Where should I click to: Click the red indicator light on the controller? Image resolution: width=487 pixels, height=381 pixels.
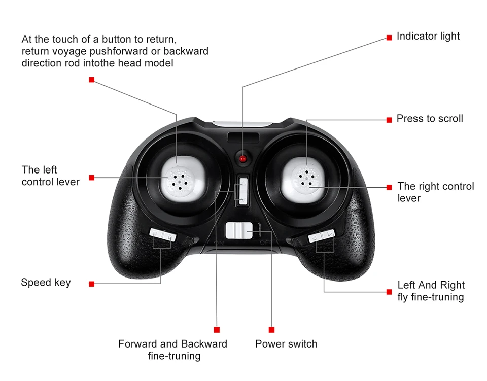243,159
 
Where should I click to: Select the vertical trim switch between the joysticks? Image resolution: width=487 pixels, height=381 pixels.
242,191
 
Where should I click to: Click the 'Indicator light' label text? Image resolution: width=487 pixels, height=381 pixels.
428,36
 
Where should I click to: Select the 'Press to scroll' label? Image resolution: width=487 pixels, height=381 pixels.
430,119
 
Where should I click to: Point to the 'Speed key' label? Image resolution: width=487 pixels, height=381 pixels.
46,283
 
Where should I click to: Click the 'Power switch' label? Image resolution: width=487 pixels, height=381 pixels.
286,344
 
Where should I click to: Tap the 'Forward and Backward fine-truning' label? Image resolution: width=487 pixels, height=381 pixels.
173,350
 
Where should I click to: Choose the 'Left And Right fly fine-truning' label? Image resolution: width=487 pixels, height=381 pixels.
431,291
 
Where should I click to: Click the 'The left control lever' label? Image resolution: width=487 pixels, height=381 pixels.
50,176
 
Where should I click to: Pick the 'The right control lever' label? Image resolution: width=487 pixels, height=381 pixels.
435,192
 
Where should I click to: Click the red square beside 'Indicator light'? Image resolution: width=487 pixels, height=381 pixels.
389,38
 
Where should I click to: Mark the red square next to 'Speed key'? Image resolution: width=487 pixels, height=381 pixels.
91,284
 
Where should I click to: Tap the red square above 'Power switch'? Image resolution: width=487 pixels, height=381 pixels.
271,330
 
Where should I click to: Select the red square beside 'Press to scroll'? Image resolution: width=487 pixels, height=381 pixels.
389,120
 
